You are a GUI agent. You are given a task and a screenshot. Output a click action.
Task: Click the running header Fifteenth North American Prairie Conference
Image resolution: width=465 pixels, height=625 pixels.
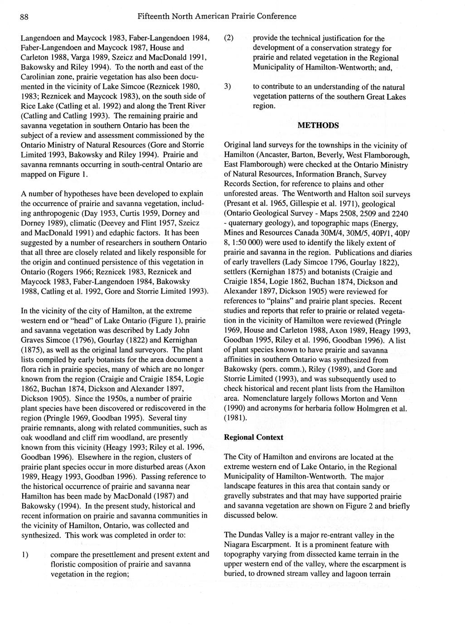[x=217, y=16]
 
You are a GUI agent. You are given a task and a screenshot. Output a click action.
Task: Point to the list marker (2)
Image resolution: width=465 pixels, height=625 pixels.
[x=231, y=38]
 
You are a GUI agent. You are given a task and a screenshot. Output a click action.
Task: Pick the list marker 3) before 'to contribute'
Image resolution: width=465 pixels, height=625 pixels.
[x=230, y=87]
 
